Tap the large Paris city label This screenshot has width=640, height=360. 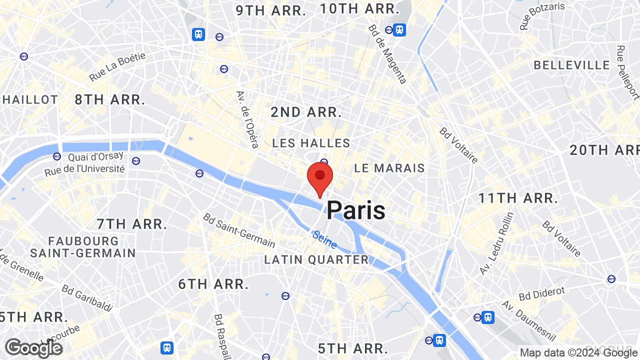(x=356, y=210)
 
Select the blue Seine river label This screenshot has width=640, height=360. (x=324, y=239)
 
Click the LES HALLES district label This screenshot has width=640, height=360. (x=311, y=143)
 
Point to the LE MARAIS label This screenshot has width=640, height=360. (x=389, y=168)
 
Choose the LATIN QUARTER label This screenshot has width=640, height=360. (x=316, y=260)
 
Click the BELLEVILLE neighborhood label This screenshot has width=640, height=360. (x=572, y=65)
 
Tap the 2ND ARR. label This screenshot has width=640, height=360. (x=306, y=112)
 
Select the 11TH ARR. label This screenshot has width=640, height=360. (x=518, y=198)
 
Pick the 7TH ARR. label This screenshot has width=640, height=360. (x=132, y=224)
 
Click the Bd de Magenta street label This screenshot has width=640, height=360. (x=387, y=54)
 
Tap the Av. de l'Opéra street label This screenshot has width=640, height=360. (x=247, y=119)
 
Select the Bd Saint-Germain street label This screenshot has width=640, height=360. (x=239, y=230)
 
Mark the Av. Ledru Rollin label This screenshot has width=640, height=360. (x=496, y=243)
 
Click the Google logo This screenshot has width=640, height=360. (x=33, y=348)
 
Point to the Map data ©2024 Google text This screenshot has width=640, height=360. (x=578, y=352)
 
